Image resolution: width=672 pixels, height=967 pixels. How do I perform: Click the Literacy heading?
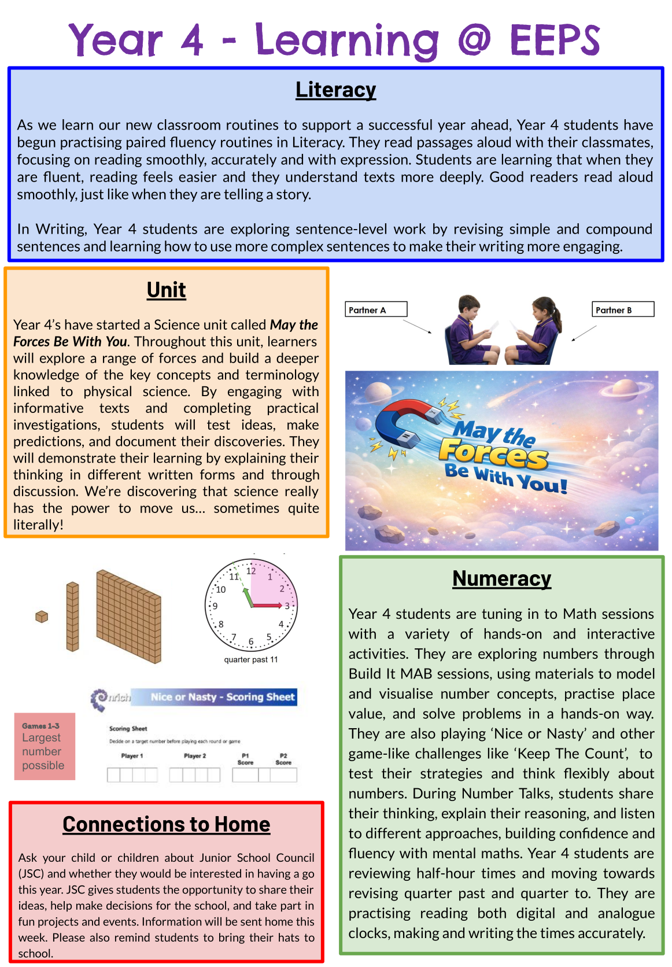coord(335,90)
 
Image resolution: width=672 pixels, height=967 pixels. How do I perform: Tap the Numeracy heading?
coord(501,578)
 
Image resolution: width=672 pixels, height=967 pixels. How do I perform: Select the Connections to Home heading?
coord(167,824)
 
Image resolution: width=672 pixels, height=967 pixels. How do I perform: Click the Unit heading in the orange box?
coord(166,290)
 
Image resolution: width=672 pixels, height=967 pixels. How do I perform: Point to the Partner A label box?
coord(375,309)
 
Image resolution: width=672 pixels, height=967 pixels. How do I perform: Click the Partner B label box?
coord(622,309)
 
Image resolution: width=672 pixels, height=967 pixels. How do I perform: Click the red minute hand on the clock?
coord(268,606)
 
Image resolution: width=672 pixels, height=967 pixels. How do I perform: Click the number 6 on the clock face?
coord(251,641)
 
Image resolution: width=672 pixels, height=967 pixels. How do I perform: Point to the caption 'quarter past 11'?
coord(251,659)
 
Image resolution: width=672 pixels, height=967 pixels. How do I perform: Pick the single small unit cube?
coord(42,617)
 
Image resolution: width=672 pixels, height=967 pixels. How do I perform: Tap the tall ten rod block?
coord(72,617)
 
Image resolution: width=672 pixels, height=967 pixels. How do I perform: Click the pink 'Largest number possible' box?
coord(45,746)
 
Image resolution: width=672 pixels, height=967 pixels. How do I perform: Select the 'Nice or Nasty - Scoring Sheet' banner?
coord(223,697)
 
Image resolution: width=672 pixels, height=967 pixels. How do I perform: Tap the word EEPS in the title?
coord(555,40)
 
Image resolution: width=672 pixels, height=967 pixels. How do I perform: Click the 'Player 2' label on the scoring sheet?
coord(195,756)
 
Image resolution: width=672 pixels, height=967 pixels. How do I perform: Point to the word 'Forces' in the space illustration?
coord(493,454)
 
